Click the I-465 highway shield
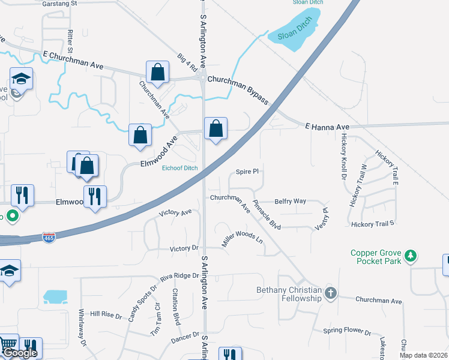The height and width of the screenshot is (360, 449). click(49, 238)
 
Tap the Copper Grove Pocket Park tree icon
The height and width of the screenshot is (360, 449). click(411, 256)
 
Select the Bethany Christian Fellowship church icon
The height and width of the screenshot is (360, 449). click(330, 293)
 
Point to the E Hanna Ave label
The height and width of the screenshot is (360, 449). click(327, 127)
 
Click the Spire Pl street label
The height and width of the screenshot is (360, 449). click(247, 171)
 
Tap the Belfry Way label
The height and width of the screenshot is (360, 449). click(291, 202)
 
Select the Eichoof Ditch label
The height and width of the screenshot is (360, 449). click(179, 168)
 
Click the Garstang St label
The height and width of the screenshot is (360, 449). click(61, 3)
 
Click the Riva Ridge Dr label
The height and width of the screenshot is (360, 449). click(179, 277)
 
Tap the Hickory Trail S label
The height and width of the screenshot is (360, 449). click(373, 223)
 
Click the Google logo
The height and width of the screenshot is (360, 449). click(20, 353)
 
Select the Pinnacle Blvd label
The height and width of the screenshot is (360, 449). click(267, 214)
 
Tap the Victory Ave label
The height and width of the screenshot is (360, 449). click(175, 213)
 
